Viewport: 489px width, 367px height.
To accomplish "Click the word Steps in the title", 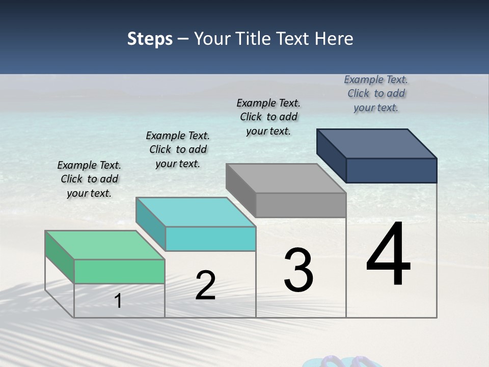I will tap(150, 39).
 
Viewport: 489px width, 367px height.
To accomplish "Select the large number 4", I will tap(388, 255).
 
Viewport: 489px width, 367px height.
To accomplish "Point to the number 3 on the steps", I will tap(298, 270).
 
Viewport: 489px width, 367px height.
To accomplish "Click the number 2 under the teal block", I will tap(205, 285).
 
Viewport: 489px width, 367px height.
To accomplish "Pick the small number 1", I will tap(118, 301).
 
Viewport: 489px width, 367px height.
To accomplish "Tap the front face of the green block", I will tap(119, 271).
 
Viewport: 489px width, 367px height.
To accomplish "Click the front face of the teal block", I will tap(210, 239).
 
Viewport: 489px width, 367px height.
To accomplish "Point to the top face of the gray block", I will tap(286, 178).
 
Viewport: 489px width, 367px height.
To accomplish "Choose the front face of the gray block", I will tap(301, 205).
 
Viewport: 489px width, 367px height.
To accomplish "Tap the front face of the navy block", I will tap(391, 170).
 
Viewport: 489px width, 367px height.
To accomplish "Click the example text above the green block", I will tap(89, 179).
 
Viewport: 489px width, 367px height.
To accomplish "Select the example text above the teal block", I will tap(178, 149).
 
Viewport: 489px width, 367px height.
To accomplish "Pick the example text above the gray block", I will tap(268, 117).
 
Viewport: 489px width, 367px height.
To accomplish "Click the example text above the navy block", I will tap(376, 93).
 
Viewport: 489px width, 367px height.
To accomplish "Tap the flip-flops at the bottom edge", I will tap(336, 362).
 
